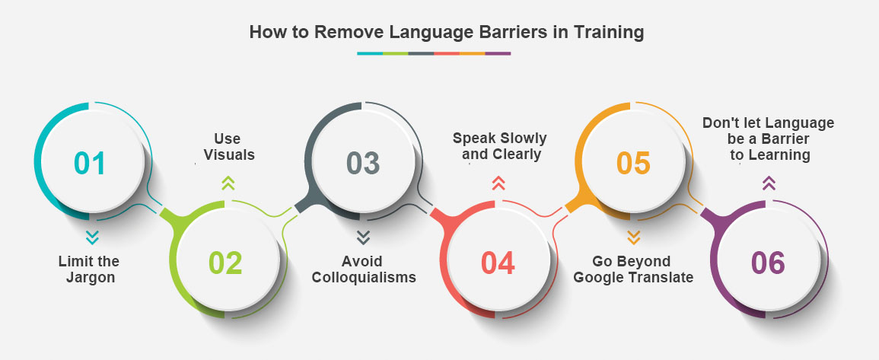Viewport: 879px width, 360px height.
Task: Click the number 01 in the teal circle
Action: tap(90, 163)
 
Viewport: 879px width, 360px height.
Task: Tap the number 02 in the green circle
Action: tap(225, 263)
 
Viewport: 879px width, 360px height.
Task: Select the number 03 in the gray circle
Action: tap(363, 163)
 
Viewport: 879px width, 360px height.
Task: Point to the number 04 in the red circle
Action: tap(498, 263)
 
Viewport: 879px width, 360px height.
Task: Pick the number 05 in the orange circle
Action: tap(633, 163)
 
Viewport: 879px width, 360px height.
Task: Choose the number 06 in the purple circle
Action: tap(768, 263)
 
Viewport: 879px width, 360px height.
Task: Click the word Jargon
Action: tap(91, 278)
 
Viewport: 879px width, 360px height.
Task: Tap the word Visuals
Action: tap(229, 155)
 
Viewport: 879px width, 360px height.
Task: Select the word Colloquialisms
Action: tap(364, 278)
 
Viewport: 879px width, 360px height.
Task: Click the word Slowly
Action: tap(523, 138)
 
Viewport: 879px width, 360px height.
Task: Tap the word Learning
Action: tap(777, 155)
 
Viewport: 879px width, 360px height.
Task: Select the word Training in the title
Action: tap(609, 33)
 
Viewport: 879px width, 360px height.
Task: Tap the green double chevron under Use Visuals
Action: tap(228, 183)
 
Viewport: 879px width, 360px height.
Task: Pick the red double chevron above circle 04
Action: tap(498, 183)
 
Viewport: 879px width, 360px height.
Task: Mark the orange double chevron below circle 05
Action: tap(633, 237)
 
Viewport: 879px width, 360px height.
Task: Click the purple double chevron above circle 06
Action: tap(769, 183)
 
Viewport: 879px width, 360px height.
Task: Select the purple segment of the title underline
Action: tap(498, 53)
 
